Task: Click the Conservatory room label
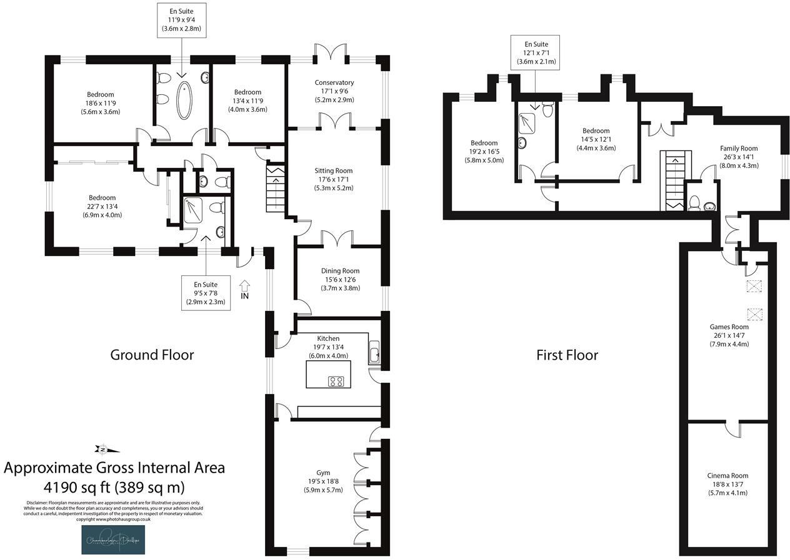click(334, 91)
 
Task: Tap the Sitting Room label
click(334, 179)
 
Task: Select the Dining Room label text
click(340, 279)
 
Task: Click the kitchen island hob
click(336, 381)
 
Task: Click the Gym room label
click(322, 481)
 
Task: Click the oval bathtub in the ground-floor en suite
click(184, 100)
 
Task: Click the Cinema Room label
click(728, 484)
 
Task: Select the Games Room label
click(729, 335)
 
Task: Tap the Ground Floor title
click(152, 355)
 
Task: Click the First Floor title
click(567, 355)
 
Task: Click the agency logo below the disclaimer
click(113, 539)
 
